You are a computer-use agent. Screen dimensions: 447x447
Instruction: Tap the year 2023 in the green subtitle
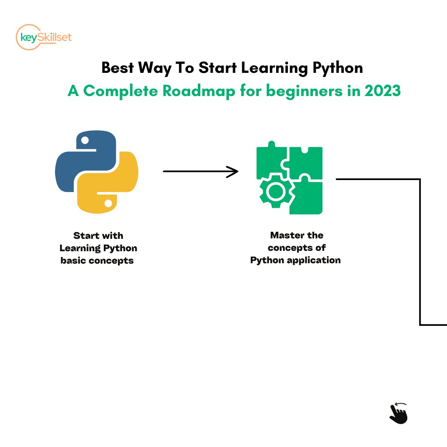point(382,91)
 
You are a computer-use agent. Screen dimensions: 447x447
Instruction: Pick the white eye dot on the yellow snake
point(108,204)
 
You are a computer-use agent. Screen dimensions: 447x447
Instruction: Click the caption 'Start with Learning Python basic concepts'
point(98,248)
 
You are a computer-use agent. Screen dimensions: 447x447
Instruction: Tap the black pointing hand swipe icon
point(399,413)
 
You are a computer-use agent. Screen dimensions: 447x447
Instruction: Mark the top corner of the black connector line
point(420,180)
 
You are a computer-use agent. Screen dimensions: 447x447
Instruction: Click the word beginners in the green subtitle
point(304,91)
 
